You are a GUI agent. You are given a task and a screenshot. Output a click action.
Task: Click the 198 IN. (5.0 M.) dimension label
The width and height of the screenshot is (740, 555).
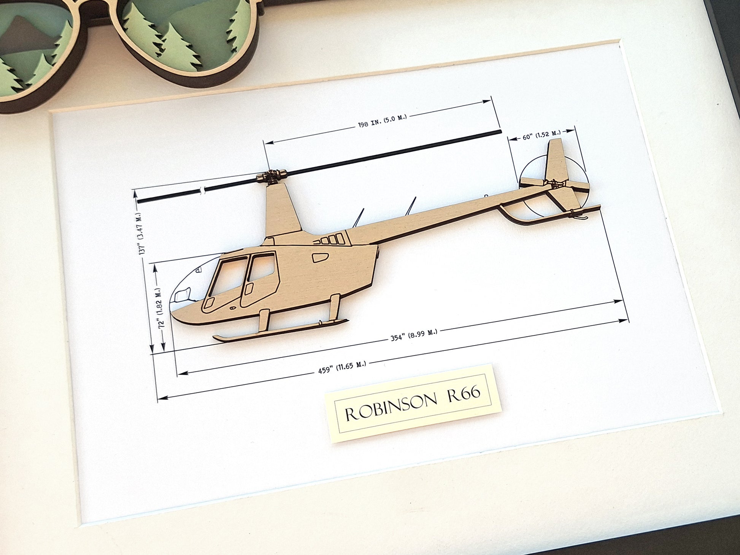(x=382, y=121)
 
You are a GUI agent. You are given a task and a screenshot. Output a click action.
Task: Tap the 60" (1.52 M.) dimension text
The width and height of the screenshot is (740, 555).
(x=542, y=135)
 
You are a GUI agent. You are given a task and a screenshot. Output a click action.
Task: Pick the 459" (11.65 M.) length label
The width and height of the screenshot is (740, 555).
(x=342, y=367)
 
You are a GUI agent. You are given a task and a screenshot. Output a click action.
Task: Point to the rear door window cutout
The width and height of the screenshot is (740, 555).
(x=262, y=268)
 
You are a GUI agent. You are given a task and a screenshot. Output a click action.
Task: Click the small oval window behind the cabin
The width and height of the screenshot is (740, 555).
(x=320, y=257)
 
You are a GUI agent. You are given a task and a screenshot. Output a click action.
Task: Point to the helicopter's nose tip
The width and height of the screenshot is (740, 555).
(x=173, y=314)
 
